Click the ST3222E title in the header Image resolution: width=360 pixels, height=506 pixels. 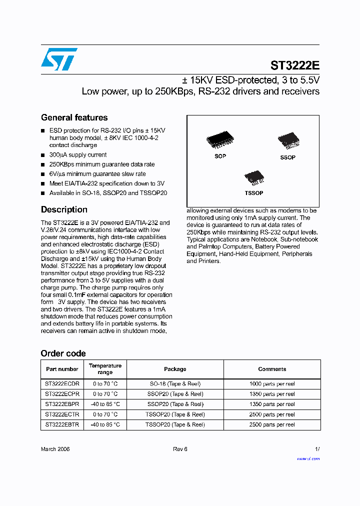(x=294, y=65)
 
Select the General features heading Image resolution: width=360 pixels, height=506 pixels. (x=74, y=117)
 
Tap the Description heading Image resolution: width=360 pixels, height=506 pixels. (x=64, y=209)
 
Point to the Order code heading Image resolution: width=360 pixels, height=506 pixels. (x=63, y=353)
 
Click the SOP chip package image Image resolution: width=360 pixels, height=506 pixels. (x=219, y=140)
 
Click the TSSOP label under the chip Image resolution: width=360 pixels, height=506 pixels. (x=254, y=193)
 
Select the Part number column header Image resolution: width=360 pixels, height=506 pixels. (x=62, y=369)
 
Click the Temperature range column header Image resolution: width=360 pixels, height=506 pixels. (x=105, y=369)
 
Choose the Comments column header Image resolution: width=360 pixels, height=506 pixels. (x=272, y=369)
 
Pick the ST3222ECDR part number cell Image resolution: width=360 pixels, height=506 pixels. (x=62, y=384)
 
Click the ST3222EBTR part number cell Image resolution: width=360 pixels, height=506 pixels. (x=62, y=424)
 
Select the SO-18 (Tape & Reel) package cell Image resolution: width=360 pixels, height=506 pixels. (x=175, y=384)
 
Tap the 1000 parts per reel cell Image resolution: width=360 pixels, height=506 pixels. (x=272, y=384)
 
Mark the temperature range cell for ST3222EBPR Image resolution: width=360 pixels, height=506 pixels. (x=105, y=404)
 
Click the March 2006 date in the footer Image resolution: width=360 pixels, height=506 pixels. (x=55, y=449)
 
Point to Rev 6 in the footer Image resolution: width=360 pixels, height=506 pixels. (x=180, y=449)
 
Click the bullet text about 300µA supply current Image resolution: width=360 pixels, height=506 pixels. (x=78, y=155)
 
